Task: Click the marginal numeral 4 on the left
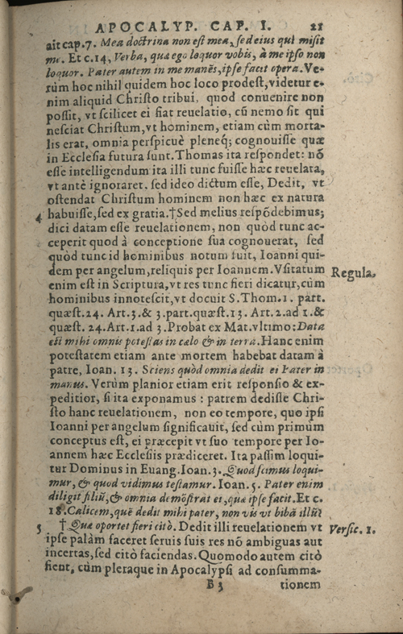[x=39, y=216]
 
